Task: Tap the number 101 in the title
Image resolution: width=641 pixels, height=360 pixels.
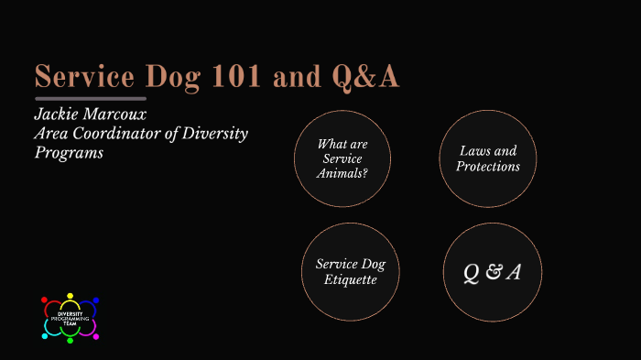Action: click(x=239, y=78)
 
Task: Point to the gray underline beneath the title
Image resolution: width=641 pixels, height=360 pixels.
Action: click(x=91, y=98)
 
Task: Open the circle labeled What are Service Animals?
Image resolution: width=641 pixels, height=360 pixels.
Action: click(x=342, y=158)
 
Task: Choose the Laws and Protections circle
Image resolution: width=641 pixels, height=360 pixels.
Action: click(x=489, y=158)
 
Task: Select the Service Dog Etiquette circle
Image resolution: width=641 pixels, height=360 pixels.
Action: click(x=351, y=272)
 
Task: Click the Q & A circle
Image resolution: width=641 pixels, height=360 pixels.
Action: click(x=493, y=272)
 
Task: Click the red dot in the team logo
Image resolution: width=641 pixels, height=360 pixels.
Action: click(x=47, y=300)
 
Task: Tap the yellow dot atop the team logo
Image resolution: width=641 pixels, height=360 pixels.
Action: click(x=71, y=296)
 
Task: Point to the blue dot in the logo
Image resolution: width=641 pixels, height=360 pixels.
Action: click(x=95, y=300)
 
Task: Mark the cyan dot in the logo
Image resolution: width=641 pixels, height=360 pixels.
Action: click(x=46, y=335)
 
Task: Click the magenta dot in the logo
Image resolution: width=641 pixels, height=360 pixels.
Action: click(x=95, y=335)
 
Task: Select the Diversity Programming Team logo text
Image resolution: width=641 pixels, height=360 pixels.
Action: click(x=71, y=318)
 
